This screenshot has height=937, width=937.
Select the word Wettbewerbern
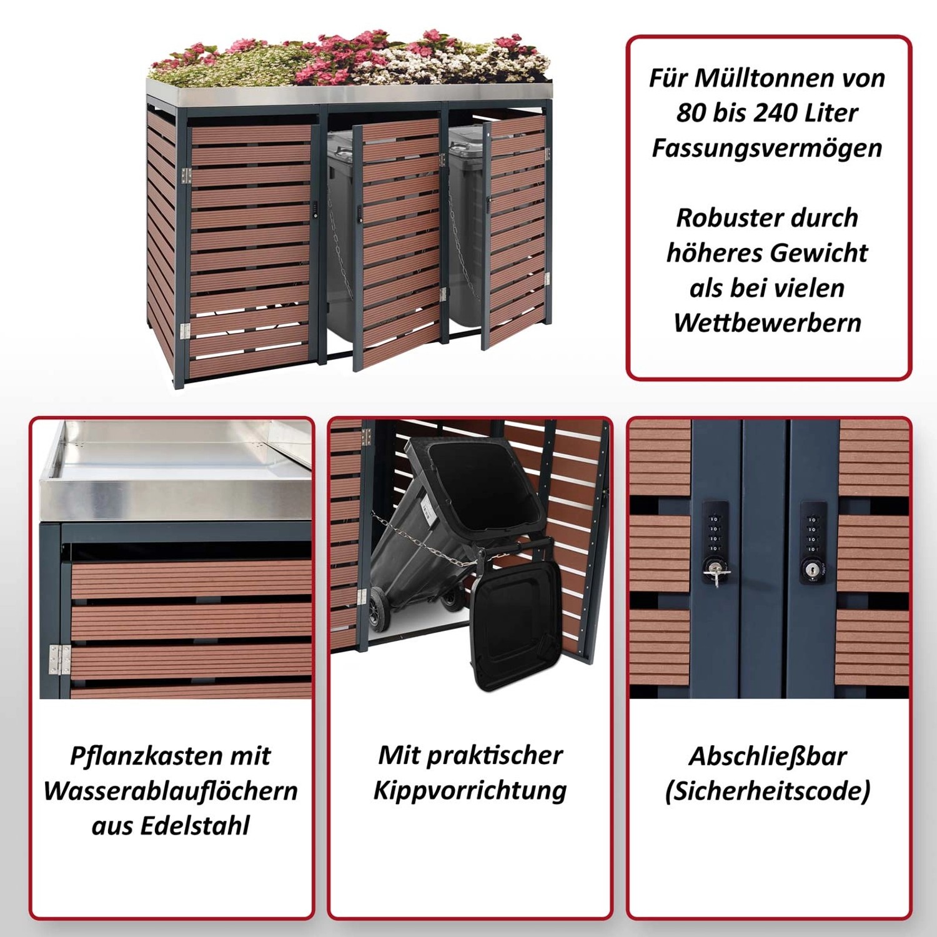(x=768, y=323)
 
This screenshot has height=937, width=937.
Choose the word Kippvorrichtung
(x=470, y=791)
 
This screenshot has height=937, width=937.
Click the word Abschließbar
(x=768, y=756)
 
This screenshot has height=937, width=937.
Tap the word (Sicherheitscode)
(x=768, y=791)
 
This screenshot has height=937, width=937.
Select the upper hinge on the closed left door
(x=186, y=176)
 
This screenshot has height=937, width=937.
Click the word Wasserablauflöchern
(x=170, y=791)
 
